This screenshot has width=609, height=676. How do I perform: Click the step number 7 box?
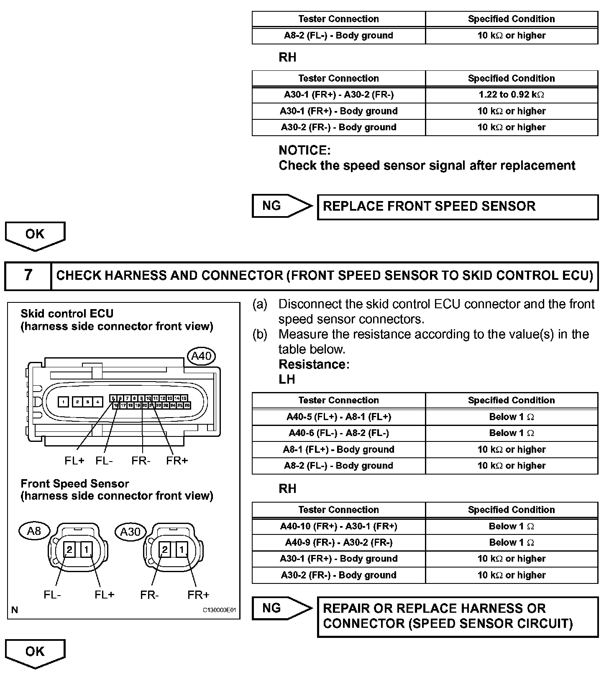pos(28,275)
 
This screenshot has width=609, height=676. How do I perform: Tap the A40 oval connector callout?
pos(201,356)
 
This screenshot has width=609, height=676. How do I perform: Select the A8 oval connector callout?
pos(34,531)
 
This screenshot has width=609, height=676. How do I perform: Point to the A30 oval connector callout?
pos(130,532)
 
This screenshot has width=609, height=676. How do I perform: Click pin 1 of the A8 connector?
pos(86,549)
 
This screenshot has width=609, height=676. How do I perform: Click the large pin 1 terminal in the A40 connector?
pos(63,402)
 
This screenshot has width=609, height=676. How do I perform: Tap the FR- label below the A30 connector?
pos(149,595)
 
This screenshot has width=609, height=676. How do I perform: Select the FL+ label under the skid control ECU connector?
pos(74,461)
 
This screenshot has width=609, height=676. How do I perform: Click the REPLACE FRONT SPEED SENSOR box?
pos(458,206)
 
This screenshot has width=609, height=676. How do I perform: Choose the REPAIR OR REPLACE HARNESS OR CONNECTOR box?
pos(458,616)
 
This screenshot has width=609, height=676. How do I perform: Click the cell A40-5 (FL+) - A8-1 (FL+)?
pos(339,417)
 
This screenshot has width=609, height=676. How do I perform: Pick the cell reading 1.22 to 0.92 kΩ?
pos(511,95)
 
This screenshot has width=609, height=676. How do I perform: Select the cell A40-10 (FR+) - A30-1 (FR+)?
pos(339,526)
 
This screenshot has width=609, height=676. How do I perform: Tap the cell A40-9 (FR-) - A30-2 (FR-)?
pos(339,542)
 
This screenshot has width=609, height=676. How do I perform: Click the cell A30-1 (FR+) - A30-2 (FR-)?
pos(339,95)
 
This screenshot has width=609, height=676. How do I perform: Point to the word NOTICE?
pos(304,150)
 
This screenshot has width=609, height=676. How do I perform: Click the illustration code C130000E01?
pos(220,610)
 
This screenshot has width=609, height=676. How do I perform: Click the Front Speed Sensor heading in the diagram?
pos(75,484)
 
